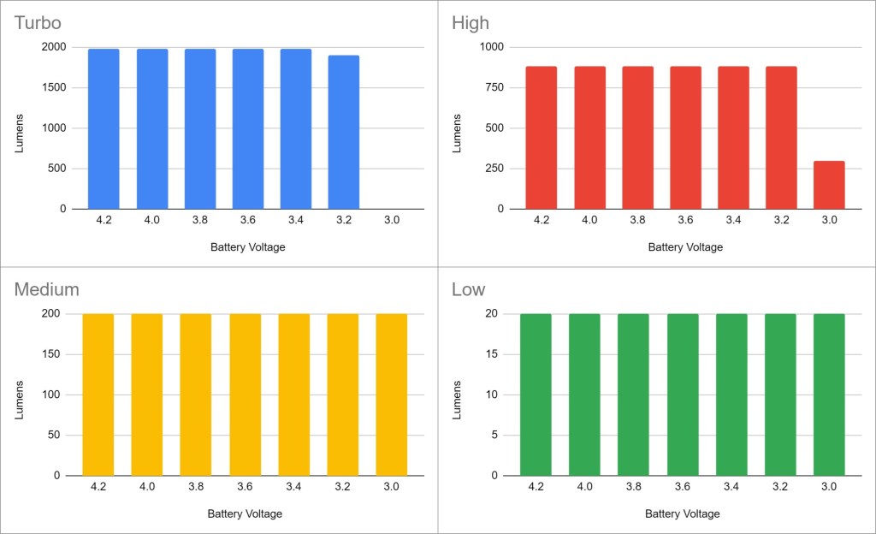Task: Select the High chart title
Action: (x=471, y=23)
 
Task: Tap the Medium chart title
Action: (x=46, y=289)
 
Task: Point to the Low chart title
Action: (x=468, y=289)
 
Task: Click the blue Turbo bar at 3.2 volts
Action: (x=343, y=133)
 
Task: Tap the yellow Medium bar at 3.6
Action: (x=245, y=394)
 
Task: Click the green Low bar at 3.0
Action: (x=829, y=394)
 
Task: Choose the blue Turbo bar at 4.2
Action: (x=104, y=128)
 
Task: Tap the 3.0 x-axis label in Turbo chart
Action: (x=392, y=220)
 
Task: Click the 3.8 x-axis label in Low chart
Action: (x=633, y=486)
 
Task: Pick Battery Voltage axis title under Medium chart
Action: (x=245, y=513)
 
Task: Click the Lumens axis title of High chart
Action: (x=457, y=128)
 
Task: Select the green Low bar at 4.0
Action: (x=585, y=394)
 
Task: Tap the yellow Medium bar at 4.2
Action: (x=98, y=394)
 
